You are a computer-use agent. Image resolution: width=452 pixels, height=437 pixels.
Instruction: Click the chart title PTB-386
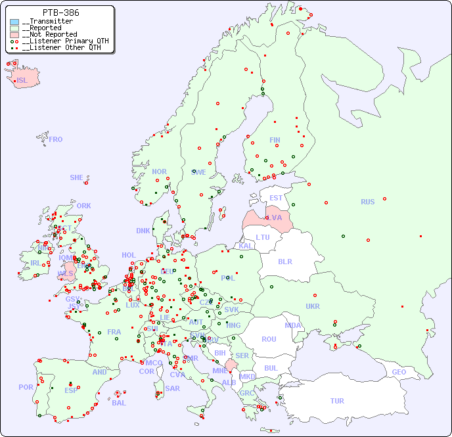coord(60,12)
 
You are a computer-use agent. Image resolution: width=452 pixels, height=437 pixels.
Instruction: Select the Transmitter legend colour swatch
coord(14,22)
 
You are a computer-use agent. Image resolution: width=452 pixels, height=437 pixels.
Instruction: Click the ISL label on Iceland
coord(22,80)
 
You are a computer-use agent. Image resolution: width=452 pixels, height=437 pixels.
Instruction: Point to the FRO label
coord(56,139)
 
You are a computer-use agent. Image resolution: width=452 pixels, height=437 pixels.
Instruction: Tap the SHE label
coord(76,177)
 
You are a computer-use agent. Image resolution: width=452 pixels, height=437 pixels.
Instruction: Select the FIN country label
coord(275,140)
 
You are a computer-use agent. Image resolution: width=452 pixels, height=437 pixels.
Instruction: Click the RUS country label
coord(367,202)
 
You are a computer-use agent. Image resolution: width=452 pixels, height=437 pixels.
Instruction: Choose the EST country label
coord(276,198)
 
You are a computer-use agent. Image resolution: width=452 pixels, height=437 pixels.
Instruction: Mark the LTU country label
coord(263,237)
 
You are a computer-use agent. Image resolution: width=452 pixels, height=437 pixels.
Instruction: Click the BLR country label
coord(284,261)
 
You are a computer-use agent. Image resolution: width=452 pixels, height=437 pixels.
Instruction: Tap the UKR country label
coord(313,306)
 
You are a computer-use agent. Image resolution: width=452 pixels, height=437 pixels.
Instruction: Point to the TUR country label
coord(337,401)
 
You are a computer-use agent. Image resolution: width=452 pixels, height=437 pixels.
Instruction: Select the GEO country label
coord(399,372)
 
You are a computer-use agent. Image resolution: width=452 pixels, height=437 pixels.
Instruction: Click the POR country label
coord(26,387)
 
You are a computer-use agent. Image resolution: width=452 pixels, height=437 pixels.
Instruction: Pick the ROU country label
coord(269,339)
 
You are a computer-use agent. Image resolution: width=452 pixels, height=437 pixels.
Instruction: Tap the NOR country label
coord(159,172)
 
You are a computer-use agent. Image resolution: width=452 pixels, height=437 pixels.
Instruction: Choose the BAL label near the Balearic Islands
coord(119,403)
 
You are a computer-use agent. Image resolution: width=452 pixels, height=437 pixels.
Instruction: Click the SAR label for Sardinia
coord(173,388)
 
